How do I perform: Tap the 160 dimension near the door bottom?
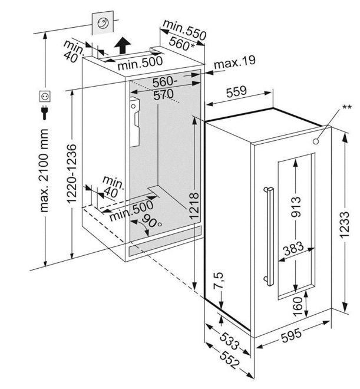[297, 305]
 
